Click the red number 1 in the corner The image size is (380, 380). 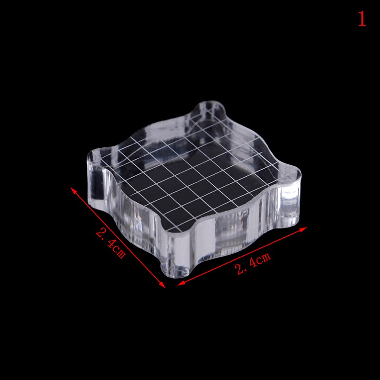click(x=362, y=19)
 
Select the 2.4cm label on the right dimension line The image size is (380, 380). click(x=252, y=264)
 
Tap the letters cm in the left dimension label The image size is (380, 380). click(x=118, y=252)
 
